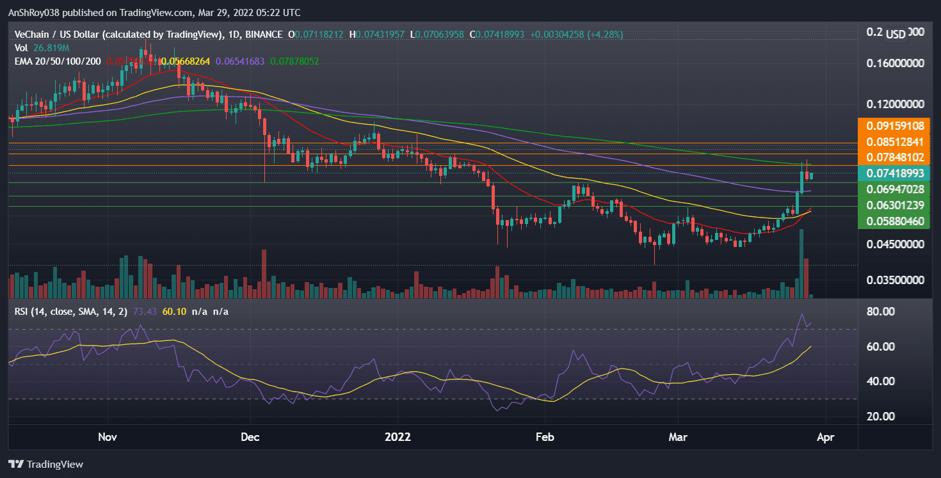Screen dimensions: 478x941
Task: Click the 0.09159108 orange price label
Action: click(x=896, y=126)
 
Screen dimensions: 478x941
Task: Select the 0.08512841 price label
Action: click(x=896, y=142)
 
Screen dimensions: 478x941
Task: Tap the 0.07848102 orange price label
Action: click(x=896, y=157)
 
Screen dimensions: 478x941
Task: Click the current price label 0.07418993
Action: click(x=896, y=173)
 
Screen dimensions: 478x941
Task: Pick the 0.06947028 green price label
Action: click(x=896, y=189)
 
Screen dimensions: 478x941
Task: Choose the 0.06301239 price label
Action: click(x=896, y=205)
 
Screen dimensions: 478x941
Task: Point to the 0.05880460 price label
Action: click(x=896, y=221)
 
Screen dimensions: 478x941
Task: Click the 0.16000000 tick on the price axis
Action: click(x=896, y=64)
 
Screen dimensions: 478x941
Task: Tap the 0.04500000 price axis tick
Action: click(x=896, y=244)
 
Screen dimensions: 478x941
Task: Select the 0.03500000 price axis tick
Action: click(x=896, y=280)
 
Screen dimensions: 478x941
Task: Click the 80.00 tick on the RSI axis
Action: click(x=881, y=312)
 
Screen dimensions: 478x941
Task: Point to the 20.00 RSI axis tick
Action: click(x=881, y=417)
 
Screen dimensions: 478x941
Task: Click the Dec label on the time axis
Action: click(x=250, y=438)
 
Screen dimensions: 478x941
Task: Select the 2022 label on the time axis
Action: click(x=398, y=438)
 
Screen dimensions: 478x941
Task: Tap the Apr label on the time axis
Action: click(x=826, y=438)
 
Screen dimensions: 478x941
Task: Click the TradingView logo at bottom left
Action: click(x=45, y=464)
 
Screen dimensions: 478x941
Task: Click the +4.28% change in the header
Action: click(x=605, y=34)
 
